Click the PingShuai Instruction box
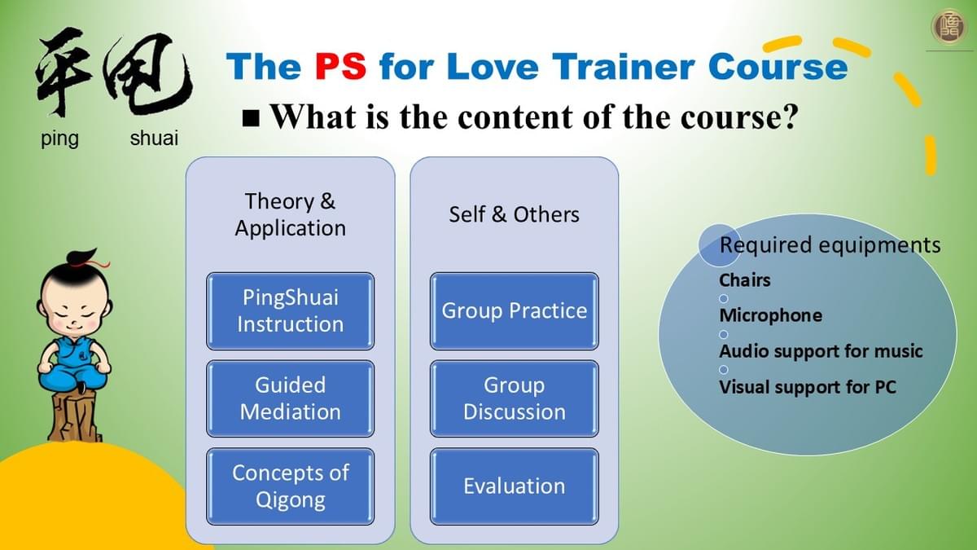(x=290, y=311)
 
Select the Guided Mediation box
(x=290, y=398)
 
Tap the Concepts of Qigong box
(x=290, y=486)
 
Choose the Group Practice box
(x=515, y=311)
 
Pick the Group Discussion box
(x=515, y=398)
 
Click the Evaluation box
(x=515, y=486)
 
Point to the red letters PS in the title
(x=340, y=66)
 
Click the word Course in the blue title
(x=778, y=66)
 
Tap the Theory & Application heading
(x=290, y=215)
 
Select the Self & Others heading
(x=515, y=214)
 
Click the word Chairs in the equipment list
(x=744, y=280)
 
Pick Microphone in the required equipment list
(x=771, y=315)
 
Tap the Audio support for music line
(x=821, y=351)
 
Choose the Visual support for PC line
(x=808, y=387)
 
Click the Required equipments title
(x=830, y=245)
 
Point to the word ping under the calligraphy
(x=59, y=139)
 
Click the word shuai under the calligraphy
(x=154, y=139)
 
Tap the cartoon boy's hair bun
(x=82, y=256)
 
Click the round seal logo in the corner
(x=948, y=26)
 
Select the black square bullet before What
(x=251, y=118)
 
